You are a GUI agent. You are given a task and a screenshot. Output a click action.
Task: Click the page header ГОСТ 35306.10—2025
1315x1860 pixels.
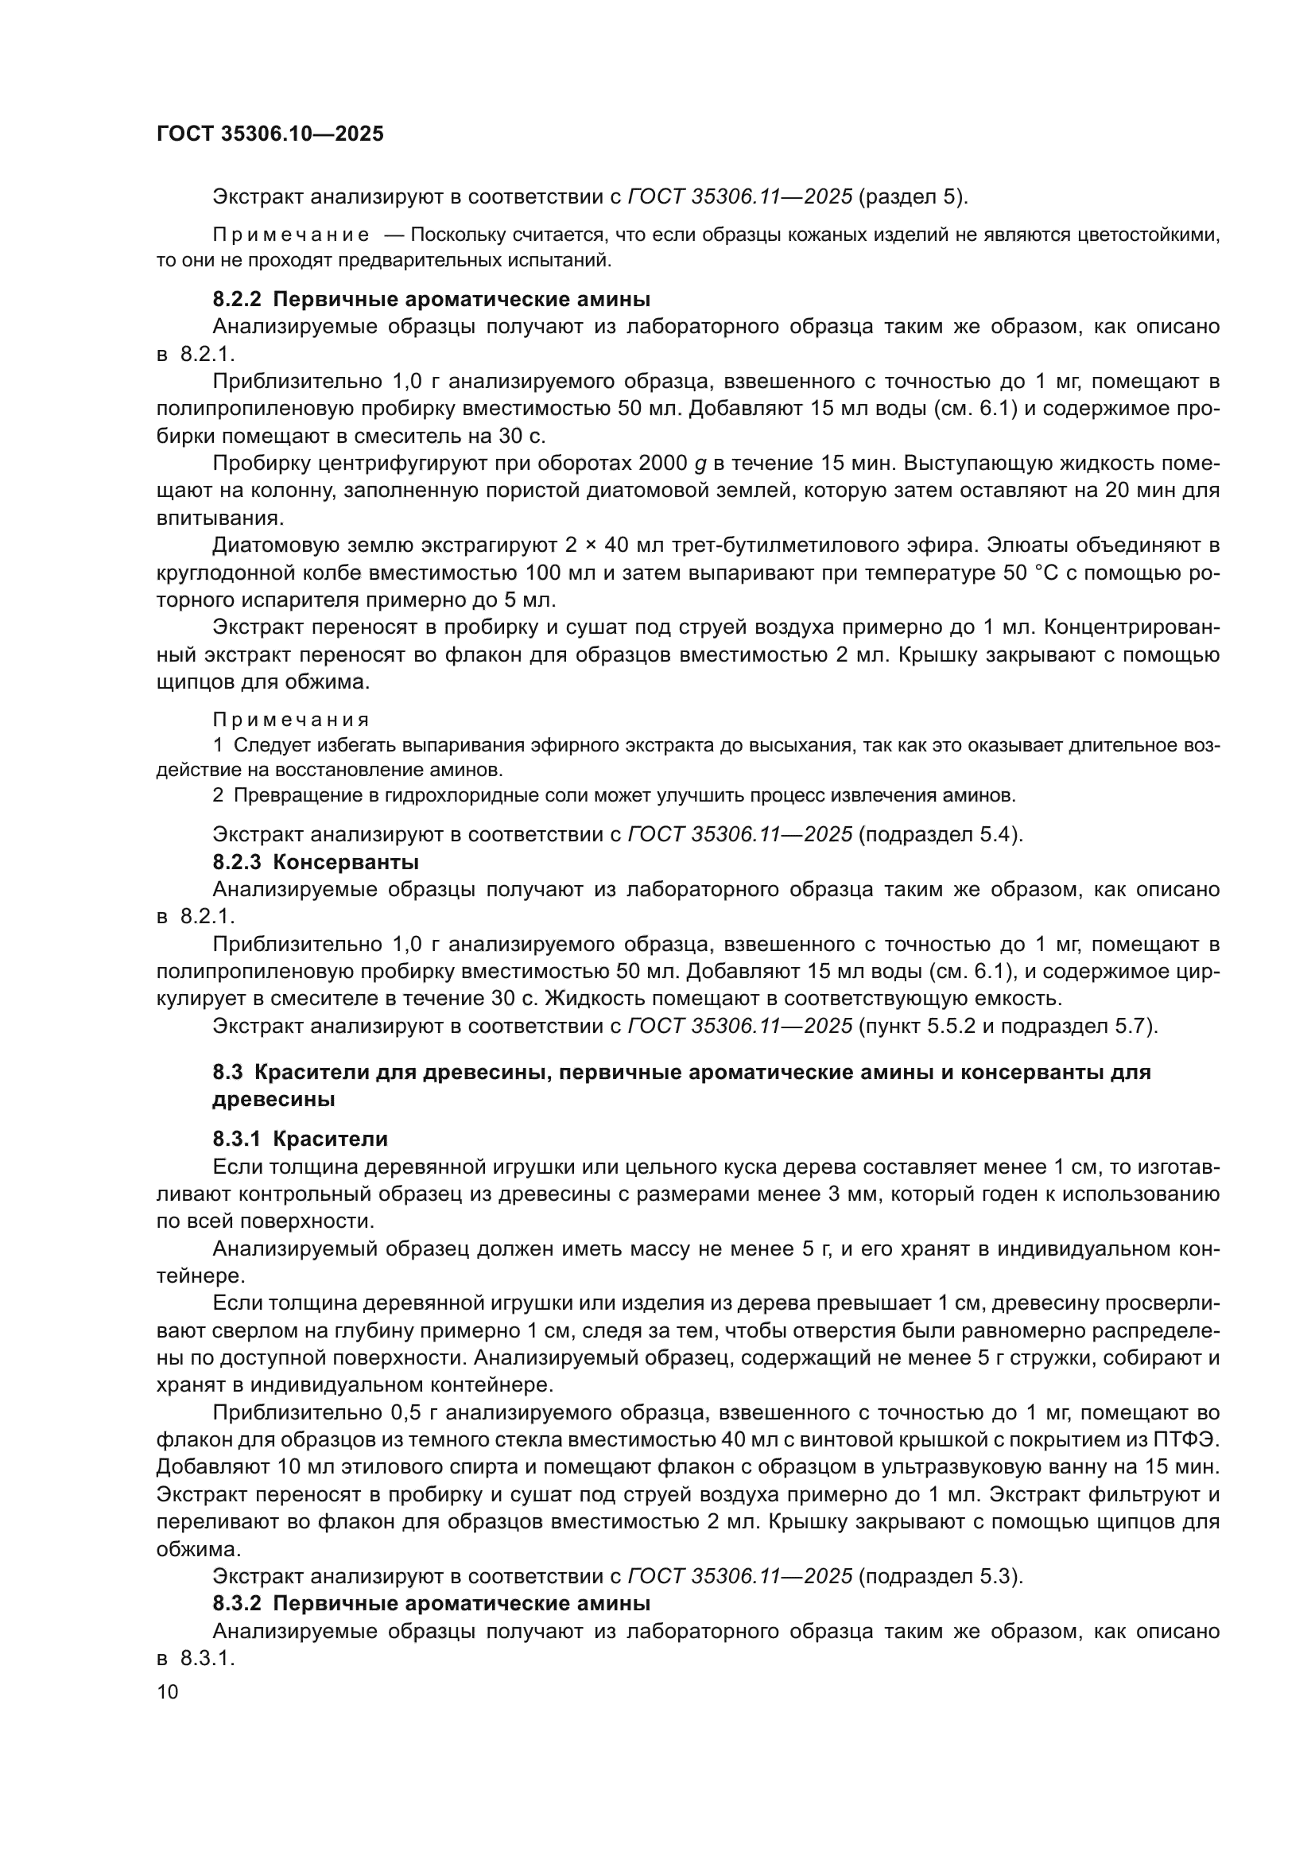pos(270,134)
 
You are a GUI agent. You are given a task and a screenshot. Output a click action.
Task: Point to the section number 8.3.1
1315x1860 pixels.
pos(236,1139)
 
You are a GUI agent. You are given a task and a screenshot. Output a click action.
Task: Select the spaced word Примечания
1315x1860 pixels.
pos(292,720)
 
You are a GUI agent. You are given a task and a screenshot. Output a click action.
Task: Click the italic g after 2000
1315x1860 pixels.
pos(701,465)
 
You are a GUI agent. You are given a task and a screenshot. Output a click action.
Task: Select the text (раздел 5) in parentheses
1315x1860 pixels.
pos(912,197)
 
